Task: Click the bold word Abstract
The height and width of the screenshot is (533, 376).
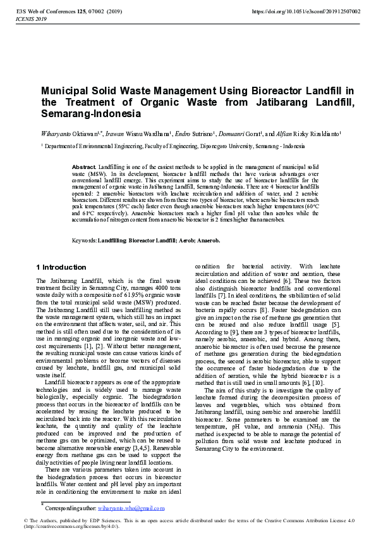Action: [x=85, y=166]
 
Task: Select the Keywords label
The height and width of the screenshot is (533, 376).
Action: [x=84, y=241]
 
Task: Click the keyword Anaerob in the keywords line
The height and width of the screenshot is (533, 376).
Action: [x=209, y=241]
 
